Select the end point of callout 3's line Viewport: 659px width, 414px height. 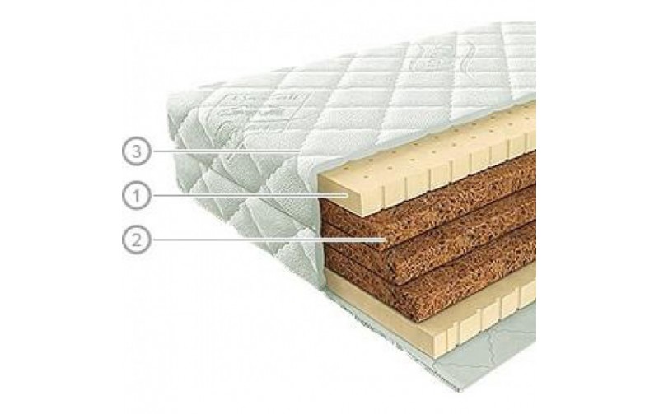coord(301,151)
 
